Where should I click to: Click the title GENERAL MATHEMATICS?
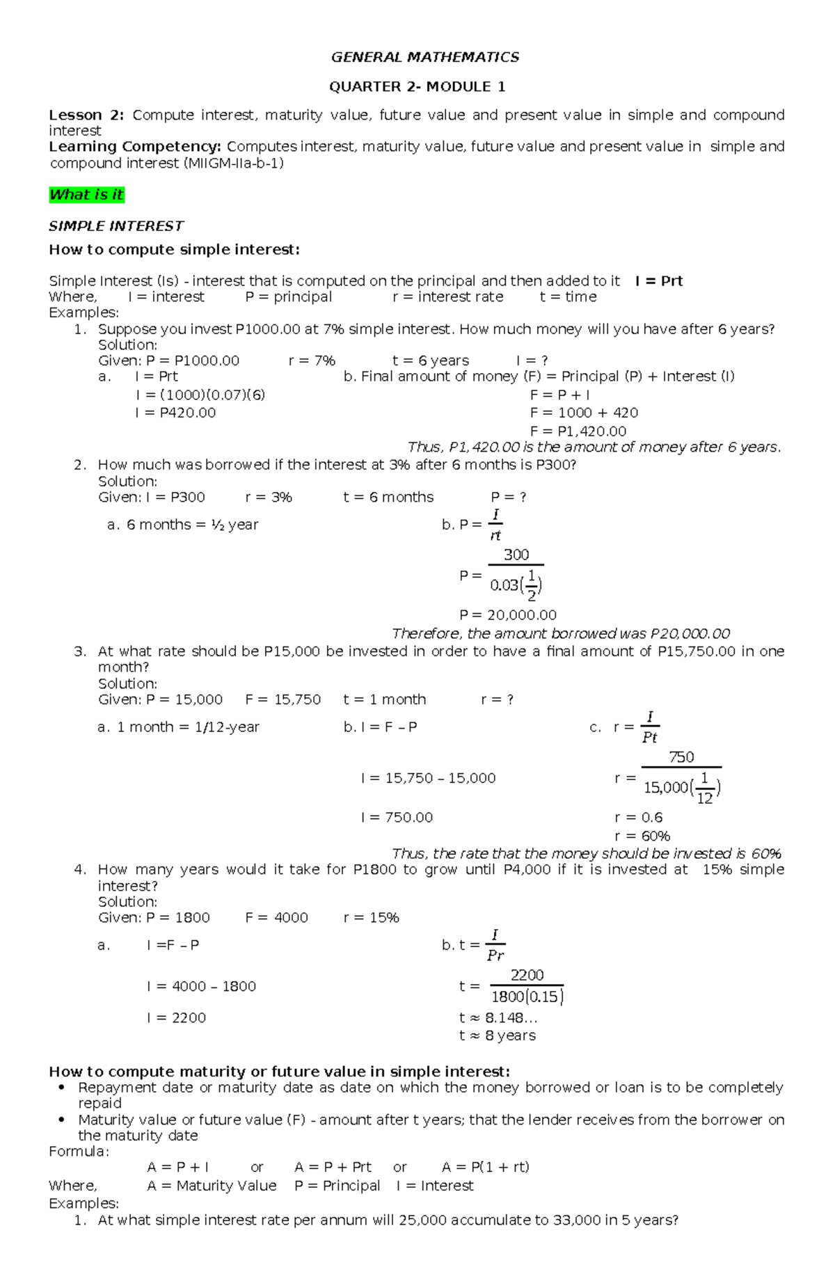coord(424,57)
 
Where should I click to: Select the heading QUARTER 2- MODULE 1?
coord(417,87)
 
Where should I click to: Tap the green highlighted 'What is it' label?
coord(86,195)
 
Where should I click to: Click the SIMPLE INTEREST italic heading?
coord(116,226)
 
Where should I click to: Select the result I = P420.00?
coord(175,413)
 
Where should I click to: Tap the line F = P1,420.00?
coord(578,431)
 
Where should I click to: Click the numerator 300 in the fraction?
coord(516,555)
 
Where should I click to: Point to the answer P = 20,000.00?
coord(508,615)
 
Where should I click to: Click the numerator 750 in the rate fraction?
coord(681,757)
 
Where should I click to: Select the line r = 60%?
coord(642,836)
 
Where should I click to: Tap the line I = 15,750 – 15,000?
coord(428,778)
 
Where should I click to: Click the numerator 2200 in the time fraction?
coord(527,975)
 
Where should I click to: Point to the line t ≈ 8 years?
coord(497,1036)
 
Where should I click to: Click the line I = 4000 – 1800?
coord(201,986)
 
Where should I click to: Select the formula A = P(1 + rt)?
coord(485,1167)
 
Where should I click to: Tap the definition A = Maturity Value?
coord(212,1186)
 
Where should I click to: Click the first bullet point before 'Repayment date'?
coord(63,1088)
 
